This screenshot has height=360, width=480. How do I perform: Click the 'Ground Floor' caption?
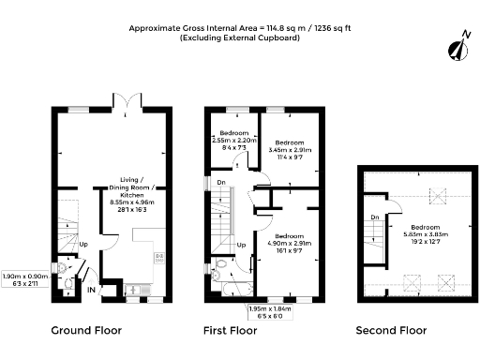point(86,330)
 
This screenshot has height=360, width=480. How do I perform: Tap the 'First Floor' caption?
point(231,330)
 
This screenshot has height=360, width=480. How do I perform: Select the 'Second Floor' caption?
point(391,330)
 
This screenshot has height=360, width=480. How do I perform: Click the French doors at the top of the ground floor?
point(121,101)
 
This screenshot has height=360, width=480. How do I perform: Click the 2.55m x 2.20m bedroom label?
point(234,138)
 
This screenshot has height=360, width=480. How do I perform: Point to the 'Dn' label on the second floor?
point(374,217)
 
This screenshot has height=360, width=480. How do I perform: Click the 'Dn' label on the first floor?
point(221,183)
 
